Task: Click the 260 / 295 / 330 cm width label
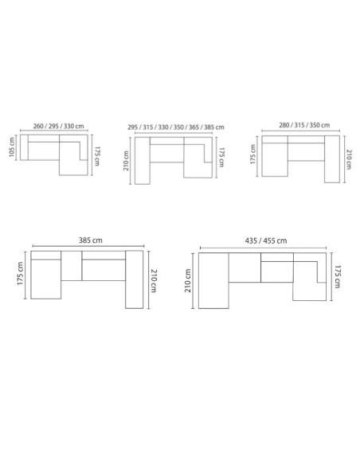[60, 126]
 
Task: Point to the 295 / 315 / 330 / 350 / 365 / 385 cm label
[176, 127]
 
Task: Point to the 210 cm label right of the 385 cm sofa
[155, 280]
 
